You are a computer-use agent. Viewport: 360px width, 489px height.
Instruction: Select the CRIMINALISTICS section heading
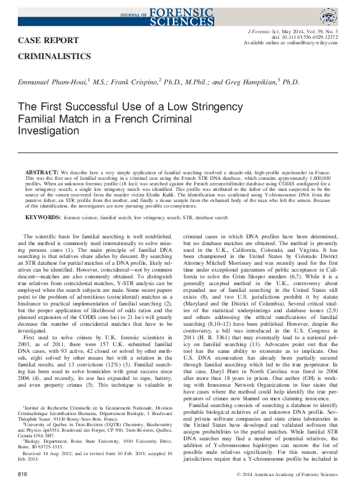[x=56, y=56]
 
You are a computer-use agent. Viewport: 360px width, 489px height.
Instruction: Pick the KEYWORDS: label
[x=44, y=217]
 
